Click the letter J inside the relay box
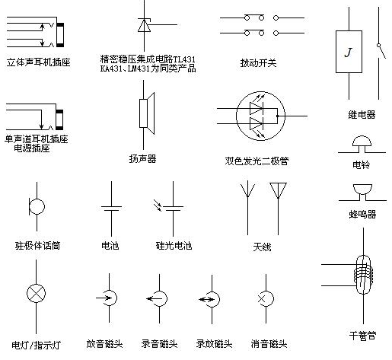pyautogui.click(x=349, y=53)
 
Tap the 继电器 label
pyautogui.click(x=362, y=115)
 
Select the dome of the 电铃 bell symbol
pyautogui.click(x=362, y=141)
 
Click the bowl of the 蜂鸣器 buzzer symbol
pyautogui.click(x=362, y=190)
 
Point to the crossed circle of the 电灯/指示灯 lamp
pyautogui.click(x=36, y=293)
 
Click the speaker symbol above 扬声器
pyautogui.click(x=147, y=113)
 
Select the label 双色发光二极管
pyautogui.click(x=257, y=161)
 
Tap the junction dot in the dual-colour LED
pyautogui.click(x=277, y=116)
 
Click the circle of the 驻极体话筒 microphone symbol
pyautogui.click(x=37, y=207)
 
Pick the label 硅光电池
pyautogui.click(x=174, y=246)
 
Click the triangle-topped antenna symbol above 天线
pyautogui.click(x=278, y=190)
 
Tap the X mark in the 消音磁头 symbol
pyautogui.click(x=261, y=299)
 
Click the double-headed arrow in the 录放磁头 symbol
pyautogui.click(x=206, y=300)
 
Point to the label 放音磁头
pyautogui.click(x=104, y=344)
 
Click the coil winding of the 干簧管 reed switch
pyautogui.click(x=364, y=274)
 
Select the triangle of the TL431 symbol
pyautogui.click(x=144, y=26)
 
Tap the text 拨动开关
pyautogui.click(x=258, y=63)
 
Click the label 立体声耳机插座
pyautogui.click(x=38, y=62)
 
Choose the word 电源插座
pyautogui.click(x=32, y=148)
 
